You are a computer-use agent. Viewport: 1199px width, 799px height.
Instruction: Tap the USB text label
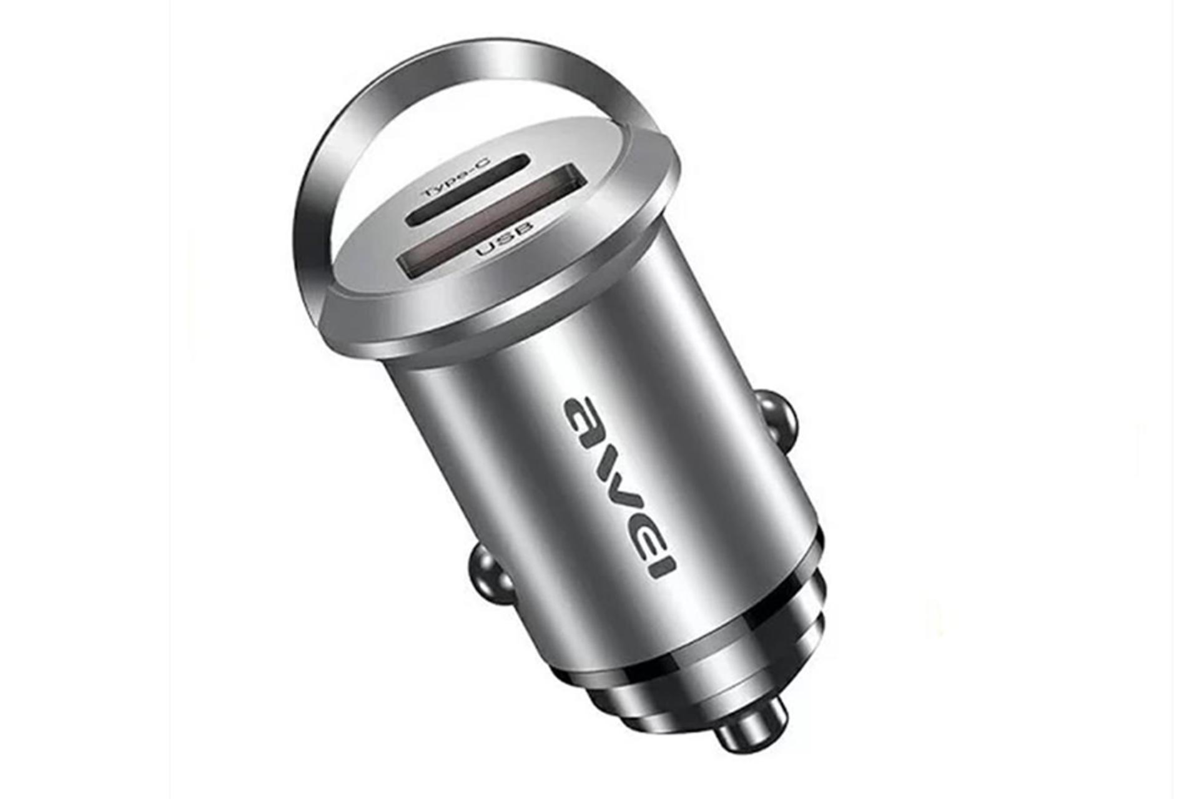[505, 238]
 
